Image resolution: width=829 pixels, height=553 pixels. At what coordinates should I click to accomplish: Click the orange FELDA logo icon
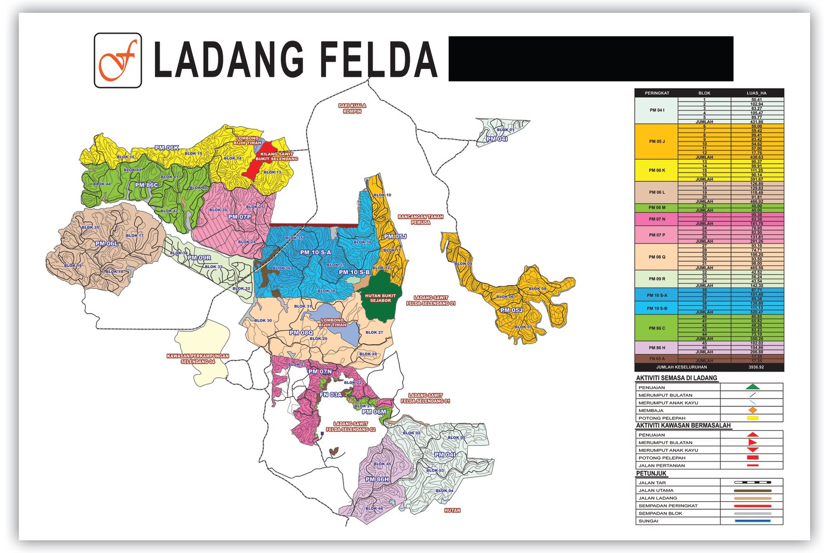tap(118, 61)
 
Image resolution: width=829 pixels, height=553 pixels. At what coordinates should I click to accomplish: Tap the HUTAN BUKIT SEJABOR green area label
tap(380, 298)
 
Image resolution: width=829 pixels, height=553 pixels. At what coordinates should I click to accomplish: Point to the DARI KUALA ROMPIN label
tap(352, 108)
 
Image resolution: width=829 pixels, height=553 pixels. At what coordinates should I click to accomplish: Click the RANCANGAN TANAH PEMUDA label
tap(420, 219)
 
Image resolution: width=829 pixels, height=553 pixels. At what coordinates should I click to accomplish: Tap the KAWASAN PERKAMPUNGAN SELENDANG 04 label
tap(197, 359)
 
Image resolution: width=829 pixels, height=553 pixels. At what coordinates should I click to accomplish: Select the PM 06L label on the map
tap(106, 243)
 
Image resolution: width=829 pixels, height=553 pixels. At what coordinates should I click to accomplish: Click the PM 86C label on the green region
tap(146, 185)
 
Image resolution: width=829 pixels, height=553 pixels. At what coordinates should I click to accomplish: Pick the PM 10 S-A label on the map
tap(315, 252)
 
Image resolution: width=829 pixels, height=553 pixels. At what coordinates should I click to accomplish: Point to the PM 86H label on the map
tap(377, 479)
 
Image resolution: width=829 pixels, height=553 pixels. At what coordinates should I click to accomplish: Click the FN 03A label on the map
tap(331, 395)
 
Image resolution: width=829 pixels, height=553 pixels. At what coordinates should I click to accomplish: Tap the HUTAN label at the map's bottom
tap(452, 511)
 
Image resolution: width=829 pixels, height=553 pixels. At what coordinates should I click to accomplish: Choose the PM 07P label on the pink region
tap(239, 217)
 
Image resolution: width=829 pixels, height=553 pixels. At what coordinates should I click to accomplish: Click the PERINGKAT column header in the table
tap(656, 93)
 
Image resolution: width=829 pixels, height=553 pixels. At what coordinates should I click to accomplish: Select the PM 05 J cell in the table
tap(656, 141)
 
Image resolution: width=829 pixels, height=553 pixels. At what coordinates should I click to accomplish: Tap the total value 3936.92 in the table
tap(756, 367)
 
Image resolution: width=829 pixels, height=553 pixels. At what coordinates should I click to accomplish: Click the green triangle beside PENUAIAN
tap(752, 387)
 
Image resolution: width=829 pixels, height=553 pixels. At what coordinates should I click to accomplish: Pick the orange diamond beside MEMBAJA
tap(752, 410)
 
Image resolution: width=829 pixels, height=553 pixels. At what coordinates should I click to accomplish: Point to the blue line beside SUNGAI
tap(752, 521)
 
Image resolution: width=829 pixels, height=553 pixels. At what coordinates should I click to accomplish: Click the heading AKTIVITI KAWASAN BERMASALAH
tap(683, 426)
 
